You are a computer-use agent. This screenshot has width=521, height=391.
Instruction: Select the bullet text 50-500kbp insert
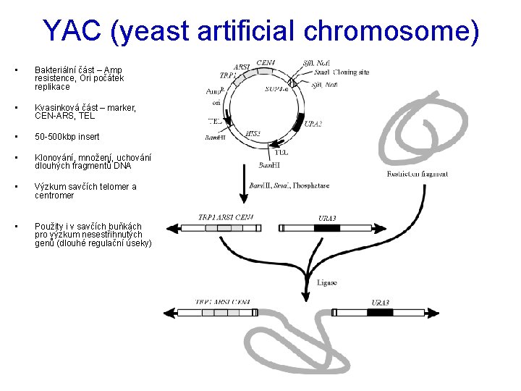pyautogui.click(x=67, y=137)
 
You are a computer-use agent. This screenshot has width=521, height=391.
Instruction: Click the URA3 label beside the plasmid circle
pyautogui.click(x=313, y=124)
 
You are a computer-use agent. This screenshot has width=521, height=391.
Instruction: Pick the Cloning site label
pyautogui.click(x=352, y=72)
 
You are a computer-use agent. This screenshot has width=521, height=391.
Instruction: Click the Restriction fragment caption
pyautogui.click(x=418, y=174)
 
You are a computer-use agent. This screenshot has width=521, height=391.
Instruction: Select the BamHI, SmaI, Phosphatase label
pyautogui.click(x=289, y=186)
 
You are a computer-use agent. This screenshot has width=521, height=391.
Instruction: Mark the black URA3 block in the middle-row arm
pyautogui.click(x=326, y=227)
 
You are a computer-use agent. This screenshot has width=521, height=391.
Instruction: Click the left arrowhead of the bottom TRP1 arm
pyautogui.click(x=170, y=313)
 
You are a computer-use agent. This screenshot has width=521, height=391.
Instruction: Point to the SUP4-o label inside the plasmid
pyautogui.click(x=278, y=89)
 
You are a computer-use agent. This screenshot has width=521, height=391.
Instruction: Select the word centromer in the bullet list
pyautogui.click(x=54, y=195)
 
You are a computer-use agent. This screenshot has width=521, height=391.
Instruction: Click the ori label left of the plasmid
pyautogui.click(x=216, y=103)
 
